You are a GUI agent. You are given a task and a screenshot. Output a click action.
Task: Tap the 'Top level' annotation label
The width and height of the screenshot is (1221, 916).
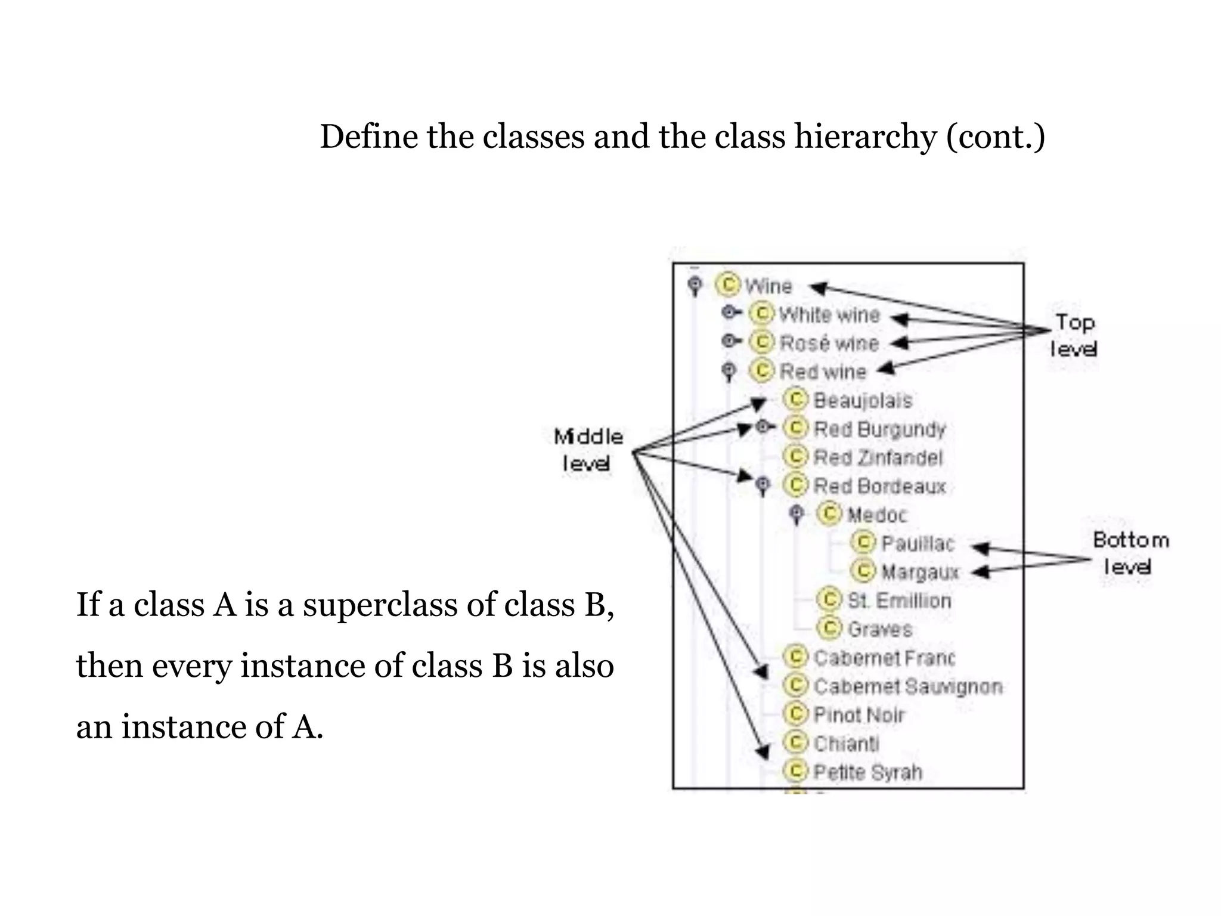pyautogui.click(x=1074, y=335)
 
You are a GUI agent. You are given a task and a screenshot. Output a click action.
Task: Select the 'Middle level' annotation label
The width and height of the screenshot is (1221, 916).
pyautogui.click(x=587, y=450)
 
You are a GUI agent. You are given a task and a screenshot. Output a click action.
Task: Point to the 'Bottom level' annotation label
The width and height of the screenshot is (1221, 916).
pyautogui.click(x=1130, y=553)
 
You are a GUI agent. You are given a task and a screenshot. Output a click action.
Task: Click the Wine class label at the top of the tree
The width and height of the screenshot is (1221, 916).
pyautogui.click(x=768, y=286)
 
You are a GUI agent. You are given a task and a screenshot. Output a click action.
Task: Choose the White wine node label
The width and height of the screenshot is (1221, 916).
pyautogui.click(x=829, y=314)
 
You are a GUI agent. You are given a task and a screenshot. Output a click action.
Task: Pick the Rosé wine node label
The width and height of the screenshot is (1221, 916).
pyautogui.click(x=829, y=343)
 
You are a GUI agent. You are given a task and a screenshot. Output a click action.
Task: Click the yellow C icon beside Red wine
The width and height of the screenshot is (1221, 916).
pyautogui.click(x=762, y=370)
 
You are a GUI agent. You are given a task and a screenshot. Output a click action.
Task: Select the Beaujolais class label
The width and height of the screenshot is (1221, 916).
pyautogui.click(x=863, y=400)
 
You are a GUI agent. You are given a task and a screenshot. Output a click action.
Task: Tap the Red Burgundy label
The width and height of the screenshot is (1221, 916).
pyautogui.click(x=879, y=429)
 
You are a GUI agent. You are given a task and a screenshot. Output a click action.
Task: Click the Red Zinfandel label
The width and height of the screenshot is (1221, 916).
pyautogui.click(x=878, y=457)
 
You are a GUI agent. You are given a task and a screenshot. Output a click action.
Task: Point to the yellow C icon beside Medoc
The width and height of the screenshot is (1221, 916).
pyautogui.click(x=829, y=513)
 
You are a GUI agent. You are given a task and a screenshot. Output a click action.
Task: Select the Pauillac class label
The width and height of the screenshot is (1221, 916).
pyautogui.click(x=918, y=543)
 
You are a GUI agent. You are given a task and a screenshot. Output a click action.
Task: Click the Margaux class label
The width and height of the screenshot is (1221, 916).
pyautogui.click(x=920, y=572)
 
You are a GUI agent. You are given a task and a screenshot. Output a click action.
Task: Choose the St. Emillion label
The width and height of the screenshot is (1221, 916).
pyautogui.click(x=899, y=600)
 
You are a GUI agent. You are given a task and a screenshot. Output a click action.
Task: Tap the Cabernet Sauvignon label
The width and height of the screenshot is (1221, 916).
pyautogui.click(x=907, y=686)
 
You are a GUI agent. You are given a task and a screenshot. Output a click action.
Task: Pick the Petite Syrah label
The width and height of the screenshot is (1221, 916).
pyautogui.click(x=867, y=772)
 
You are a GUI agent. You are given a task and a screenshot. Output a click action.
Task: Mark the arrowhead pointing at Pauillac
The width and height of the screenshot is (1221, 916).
pyautogui.click(x=980, y=547)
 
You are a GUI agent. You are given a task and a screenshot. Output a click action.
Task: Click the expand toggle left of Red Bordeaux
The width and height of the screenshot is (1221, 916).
pyautogui.click(x=763, y=484)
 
